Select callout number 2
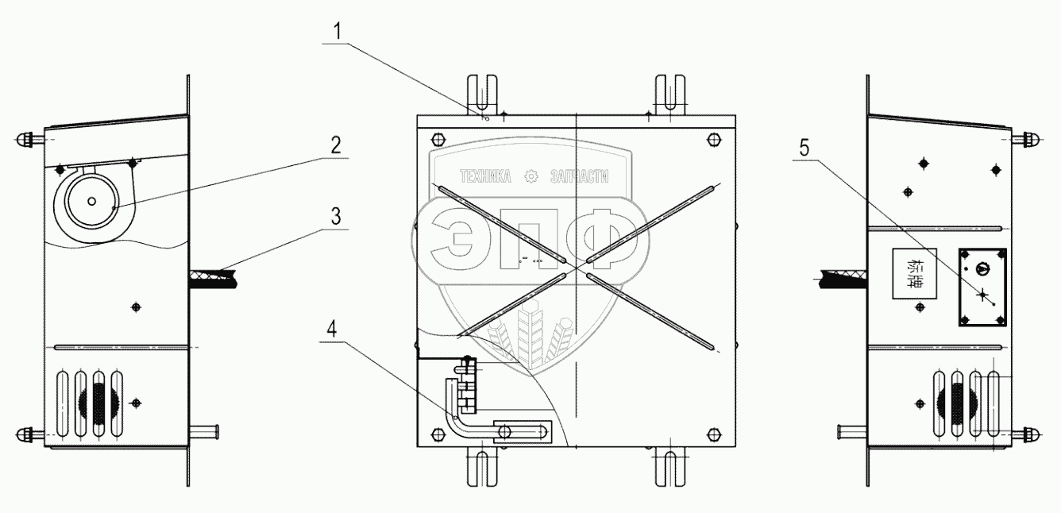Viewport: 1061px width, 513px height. [337, 145]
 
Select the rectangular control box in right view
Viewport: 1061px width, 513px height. [982, 287]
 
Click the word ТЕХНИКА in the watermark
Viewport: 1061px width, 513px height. [485, 177]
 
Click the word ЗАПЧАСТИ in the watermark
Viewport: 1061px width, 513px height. [580, 177]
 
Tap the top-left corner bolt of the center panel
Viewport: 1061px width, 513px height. [436, 140]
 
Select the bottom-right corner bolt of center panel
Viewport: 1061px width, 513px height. [713, 434]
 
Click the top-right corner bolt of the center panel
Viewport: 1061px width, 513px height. [713, 140]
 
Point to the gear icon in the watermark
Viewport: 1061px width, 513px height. [532, 177]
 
